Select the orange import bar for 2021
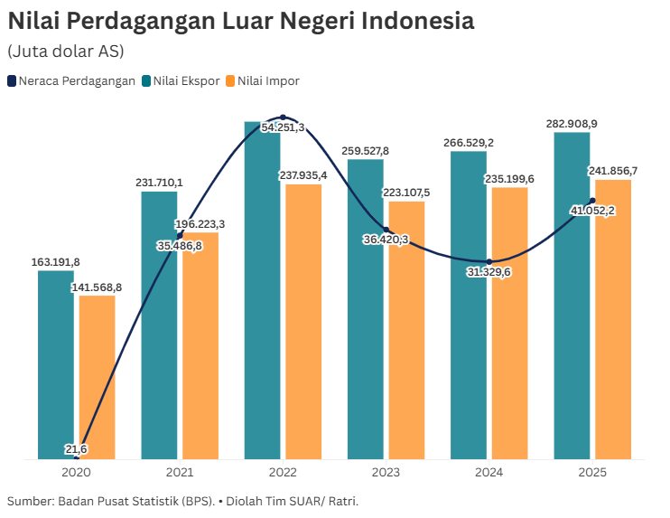[x=200, y=353]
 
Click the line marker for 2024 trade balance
[x=489, y=261]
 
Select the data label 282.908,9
[x=572, y=123]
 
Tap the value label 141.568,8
[x=97, y=287]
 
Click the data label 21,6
[x=76, y=448]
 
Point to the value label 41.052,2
[x=591, y=211]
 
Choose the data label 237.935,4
[x=303, y=174]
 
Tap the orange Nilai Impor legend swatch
[x=230, y=80]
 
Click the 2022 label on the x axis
[x=283, y=473]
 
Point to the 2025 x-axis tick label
[x=591, y=473]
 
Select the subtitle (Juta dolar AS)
[x=66, y=51]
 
